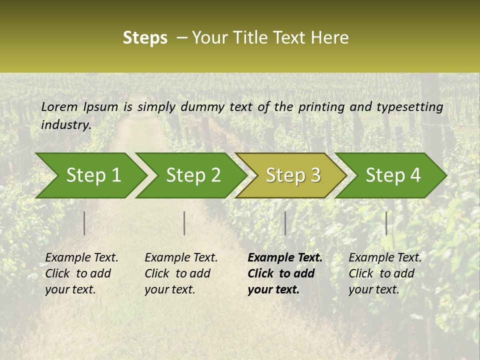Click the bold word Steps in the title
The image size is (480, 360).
(145, 37)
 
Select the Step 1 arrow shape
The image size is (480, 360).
(90, 175)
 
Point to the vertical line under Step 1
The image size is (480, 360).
(84, 223)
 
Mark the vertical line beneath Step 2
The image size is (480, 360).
(184, 223)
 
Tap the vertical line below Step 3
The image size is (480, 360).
(285, 223)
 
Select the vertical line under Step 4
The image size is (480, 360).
(386, 223)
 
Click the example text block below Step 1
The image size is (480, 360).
(81, 273)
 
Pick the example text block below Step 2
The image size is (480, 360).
(181, 273)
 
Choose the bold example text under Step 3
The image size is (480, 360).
(285, 273)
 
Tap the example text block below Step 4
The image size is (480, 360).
(385, 273)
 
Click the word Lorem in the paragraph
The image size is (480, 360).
(59, 106)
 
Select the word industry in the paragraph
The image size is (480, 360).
(66, 124)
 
